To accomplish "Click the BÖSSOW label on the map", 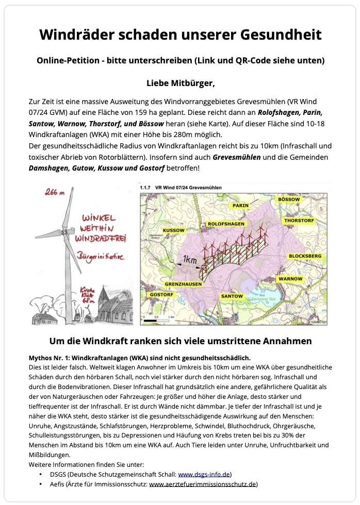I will pyautogui.click(x=288, y=198).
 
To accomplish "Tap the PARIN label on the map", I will pyautogui.click(x=240, y=205).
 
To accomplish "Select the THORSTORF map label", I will pyautogui.click(x=298, y=221).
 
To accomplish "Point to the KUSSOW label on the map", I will pyautogui.click(x=173, y=230).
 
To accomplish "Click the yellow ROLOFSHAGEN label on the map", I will pyautogui.click(x=226, y=224).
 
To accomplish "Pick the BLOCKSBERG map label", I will pyautogui.click(x=305, y=256).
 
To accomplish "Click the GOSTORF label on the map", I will pyautogui.click(x=159, y=295).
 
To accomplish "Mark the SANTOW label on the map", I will pyautogui.click(x=232, y=296).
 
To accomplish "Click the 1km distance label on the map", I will pyautogui.click(x=189, y=261).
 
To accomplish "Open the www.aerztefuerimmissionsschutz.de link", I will pyautogui.click(x=202, y=484).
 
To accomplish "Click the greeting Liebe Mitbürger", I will pyautogui.click(x=180, y=82).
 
